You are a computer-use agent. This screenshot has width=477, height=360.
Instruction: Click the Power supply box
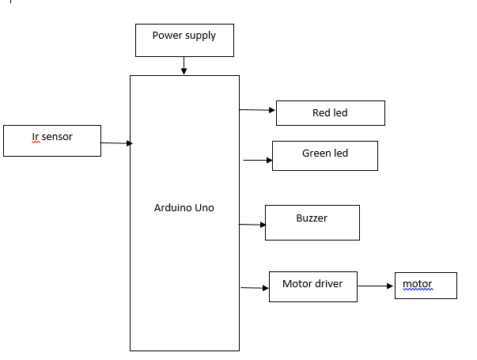[x=184, y=40]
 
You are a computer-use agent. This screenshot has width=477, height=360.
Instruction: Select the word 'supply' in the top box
[x=200, y=36]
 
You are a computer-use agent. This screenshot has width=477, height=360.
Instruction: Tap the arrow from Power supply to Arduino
[x=184, y=66]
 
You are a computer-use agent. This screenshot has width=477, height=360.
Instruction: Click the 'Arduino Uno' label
[x=184, y=208]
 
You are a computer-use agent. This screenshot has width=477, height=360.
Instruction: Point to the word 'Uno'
[x=204, y=208]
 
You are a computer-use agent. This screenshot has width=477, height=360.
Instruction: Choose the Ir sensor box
[x=52, y=141]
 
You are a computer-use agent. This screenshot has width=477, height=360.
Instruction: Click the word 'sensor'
[x=57, y=137]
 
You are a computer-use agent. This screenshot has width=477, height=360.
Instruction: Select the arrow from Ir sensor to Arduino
[x=116, y=143]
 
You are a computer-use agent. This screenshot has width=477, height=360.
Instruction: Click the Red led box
[x=331, y=113]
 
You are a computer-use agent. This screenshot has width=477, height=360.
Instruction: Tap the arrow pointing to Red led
[x=257, y=110]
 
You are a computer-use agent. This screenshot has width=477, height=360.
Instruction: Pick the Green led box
[x=325, y=156]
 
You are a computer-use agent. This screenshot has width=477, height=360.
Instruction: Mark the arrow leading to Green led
[x=258, y=160]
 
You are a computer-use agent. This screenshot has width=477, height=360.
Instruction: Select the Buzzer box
[x=312, y=223]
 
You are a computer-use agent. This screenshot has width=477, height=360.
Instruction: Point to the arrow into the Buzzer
[x=252, y=225]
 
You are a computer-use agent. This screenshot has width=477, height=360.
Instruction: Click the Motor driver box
[x=313, y=286]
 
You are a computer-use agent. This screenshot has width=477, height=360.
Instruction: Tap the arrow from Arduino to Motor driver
[x=255, y=287]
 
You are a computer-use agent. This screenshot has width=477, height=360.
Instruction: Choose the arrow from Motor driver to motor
[x=376, y=286]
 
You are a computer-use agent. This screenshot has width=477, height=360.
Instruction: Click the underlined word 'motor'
[x=418, y=284]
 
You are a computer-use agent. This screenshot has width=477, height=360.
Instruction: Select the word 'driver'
[x=328, y=284]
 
